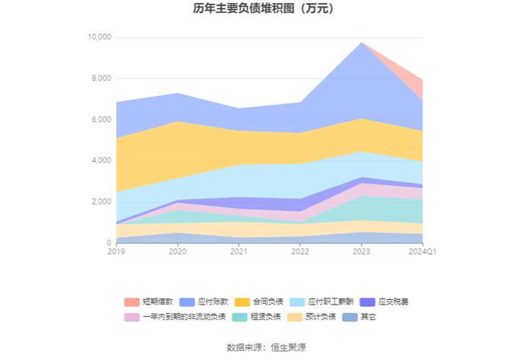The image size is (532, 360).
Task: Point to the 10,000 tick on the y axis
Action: pos(100,37)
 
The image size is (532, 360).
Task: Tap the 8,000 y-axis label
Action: pos(101,78)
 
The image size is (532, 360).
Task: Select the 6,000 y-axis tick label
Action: pos(101,119)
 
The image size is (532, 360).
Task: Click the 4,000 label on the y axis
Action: pos(101,160)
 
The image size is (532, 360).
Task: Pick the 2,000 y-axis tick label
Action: pos(101,202)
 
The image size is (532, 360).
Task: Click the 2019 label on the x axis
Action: pos(116,251)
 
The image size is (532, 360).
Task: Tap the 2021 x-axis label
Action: pos(239,251)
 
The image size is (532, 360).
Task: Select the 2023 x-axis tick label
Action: pos(361,251)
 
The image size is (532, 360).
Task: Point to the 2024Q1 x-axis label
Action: pos(423,251)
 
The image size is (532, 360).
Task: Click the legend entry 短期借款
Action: pos(149,302)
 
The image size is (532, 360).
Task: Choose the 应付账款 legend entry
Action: pos(204,302)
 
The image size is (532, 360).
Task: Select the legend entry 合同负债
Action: pos(259,302)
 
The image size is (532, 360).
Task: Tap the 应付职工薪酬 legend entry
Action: pos(321,302)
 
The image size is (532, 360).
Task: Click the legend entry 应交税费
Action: pos(384,302)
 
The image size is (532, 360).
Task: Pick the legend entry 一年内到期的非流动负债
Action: pos(175,317)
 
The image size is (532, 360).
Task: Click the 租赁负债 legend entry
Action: pos(257,317)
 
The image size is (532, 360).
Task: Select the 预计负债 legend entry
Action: pos(312,317)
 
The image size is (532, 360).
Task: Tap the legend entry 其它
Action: pos(359,317)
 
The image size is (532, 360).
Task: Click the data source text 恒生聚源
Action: pos(288,347)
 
